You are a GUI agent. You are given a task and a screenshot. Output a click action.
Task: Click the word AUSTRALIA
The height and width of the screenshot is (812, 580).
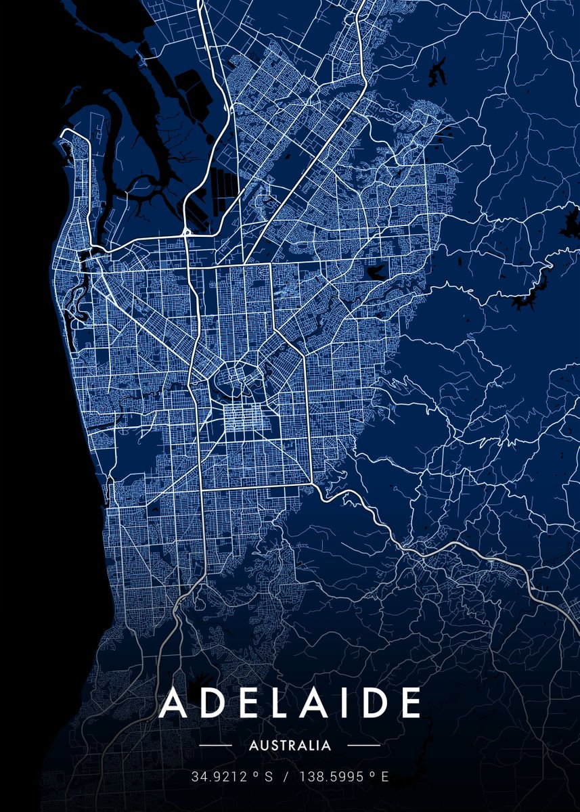point(290,746)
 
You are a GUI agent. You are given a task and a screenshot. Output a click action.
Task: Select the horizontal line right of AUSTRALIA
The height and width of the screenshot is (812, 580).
point(363,746)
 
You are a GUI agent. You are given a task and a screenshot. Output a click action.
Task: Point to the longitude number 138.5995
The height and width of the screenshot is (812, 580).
point(328,777)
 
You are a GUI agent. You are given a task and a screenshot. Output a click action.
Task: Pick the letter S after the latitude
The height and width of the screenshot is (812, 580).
point(268,777)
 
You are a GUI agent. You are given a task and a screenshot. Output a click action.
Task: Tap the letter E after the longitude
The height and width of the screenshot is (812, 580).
point(384,777)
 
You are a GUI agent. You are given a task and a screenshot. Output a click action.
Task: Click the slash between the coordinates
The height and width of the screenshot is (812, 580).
point(286,777)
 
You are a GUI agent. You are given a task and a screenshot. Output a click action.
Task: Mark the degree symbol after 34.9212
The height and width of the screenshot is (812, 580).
point(254,775)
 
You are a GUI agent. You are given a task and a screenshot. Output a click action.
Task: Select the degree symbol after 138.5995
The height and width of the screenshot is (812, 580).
point(372,775)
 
